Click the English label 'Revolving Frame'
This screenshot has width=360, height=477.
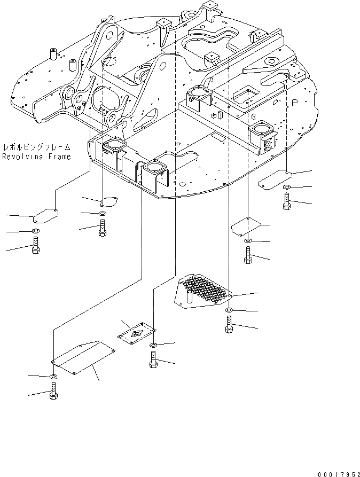[x=36, y=157]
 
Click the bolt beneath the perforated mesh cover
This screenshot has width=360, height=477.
[x=229, y=324]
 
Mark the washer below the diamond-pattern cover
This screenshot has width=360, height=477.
[x=153, y=346]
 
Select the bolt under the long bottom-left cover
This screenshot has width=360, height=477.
[x=53, y=392]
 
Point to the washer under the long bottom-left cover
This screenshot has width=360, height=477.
[x=53, y=378]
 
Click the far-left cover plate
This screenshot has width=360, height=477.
[x=45, y=216]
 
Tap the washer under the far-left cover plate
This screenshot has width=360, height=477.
[x=35, y=232]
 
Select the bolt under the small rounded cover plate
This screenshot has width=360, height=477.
[x=102, y=229]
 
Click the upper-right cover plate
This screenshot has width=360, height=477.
[x=274, y=178]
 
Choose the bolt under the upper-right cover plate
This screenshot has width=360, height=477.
[x=287, y=201]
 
